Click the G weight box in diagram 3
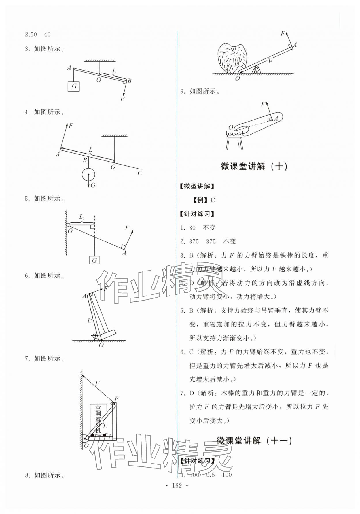click(x=74, y=86)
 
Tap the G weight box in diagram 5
click(x=94, y=260)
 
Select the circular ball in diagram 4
click(x=88, y=175)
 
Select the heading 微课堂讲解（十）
click(x=254, y=167)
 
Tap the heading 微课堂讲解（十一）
click(x=254, y=440)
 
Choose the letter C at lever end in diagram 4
click(x=140, y=173)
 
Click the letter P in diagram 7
click(x=116, y=399)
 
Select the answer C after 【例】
click(x=213, y=200)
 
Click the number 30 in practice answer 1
click(x=192, y=228)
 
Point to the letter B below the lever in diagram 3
click(x=129, y=81)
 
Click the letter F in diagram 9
click(x=263, y=104)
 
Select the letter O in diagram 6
click(x=101, y=345)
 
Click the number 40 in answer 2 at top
click(x=47, y=35)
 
